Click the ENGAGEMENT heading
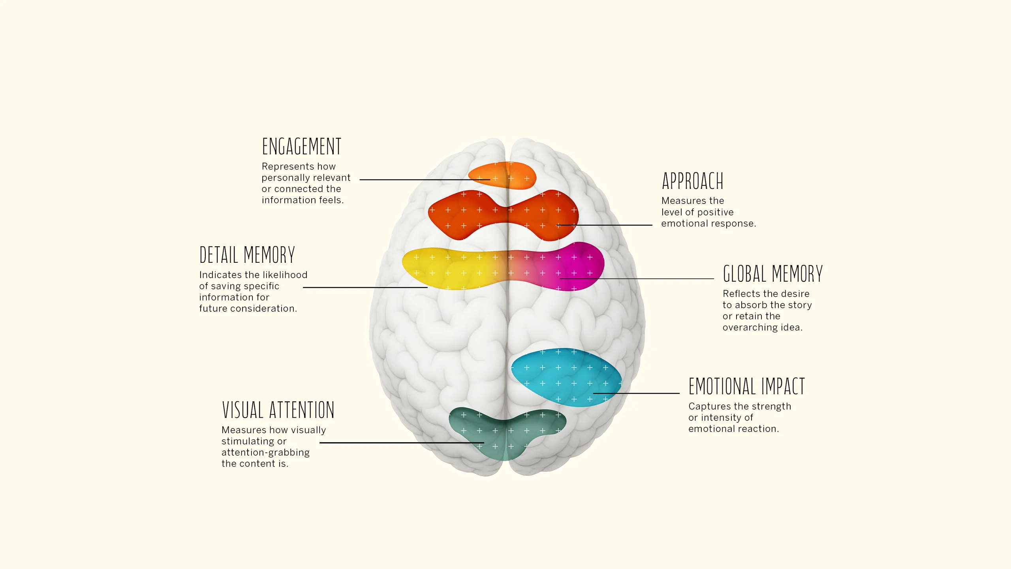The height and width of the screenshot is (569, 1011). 301,147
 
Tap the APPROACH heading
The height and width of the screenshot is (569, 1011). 692,181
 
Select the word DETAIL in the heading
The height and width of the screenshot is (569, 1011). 219,255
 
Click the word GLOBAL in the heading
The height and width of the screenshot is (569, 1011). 744,274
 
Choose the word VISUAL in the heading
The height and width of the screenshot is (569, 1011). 242,410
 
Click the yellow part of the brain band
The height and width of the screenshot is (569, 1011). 446,269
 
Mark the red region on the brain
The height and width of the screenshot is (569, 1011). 466,215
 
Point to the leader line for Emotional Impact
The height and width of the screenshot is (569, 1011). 636,393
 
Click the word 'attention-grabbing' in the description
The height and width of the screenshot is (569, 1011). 265,452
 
